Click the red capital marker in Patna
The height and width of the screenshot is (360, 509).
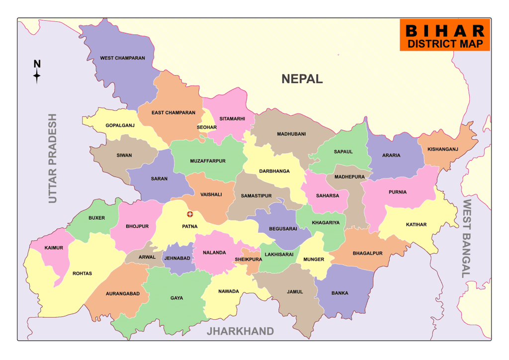[189, 214]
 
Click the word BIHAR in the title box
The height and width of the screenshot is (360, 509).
[445, 31]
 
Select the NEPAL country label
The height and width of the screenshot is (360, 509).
[302, 79]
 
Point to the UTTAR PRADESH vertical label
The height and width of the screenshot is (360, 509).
[53, 158]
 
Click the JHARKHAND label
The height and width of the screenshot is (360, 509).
[241, 331]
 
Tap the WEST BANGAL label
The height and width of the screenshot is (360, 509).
[467, 238]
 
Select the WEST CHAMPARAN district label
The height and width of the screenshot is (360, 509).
[122, 58]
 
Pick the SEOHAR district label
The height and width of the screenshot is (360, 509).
[207, 127]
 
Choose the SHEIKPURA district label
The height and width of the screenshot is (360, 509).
[249, 259]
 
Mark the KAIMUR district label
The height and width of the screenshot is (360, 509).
[54, 248]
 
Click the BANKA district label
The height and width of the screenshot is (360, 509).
[340, 293]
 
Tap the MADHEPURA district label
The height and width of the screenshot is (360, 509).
[349, 177]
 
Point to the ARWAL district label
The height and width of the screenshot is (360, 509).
[148, 258]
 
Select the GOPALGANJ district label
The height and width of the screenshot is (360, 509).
[120, 125]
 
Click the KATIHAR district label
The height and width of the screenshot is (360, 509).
[416, 224]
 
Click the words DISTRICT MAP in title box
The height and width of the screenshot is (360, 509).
[445, 43]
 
